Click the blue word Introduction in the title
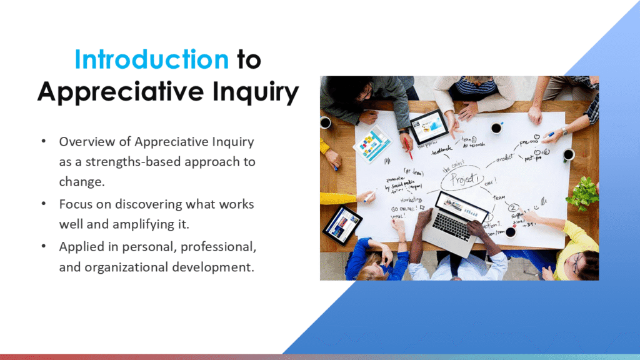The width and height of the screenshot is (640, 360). [x=151, y=59]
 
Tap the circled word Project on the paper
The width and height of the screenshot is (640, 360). [x=463, y=179]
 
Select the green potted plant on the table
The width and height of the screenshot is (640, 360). [x=582, y=192]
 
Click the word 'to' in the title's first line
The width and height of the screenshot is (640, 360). [x=248, y=59]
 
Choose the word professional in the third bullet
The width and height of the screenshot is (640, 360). [x=217, y=247]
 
